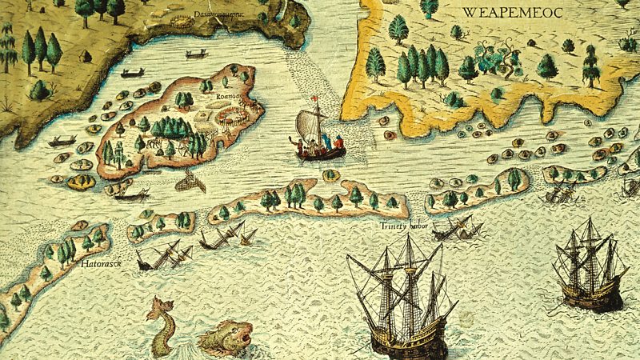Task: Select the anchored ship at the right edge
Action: coord(591,264)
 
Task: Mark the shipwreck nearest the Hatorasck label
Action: coord(163,256)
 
